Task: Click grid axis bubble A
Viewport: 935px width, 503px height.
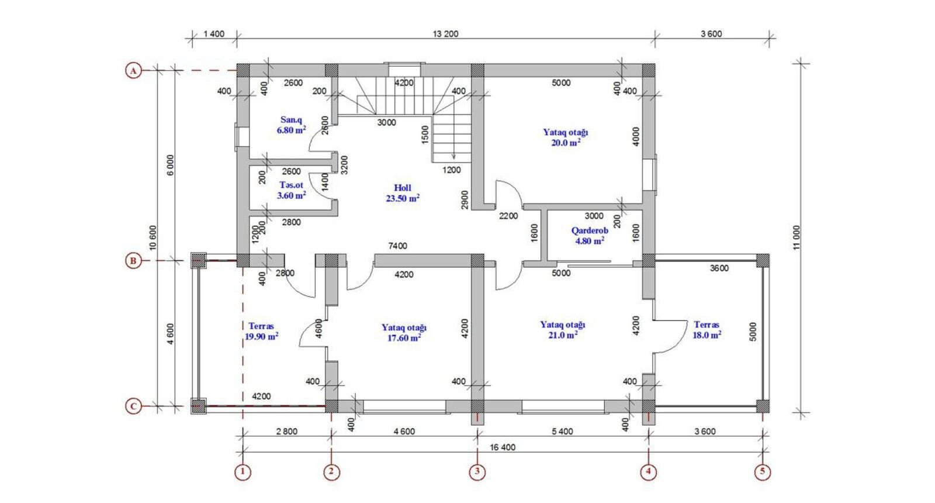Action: point(134,71)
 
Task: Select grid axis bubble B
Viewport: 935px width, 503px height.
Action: point(134,261)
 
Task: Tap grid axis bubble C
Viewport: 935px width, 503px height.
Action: point(134,406)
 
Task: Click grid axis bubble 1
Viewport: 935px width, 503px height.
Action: point(243,472)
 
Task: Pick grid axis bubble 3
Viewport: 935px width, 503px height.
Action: point(477,472)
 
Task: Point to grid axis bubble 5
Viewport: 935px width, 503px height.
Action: point(763,472)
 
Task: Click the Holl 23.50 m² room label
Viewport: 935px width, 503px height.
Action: point(403,193)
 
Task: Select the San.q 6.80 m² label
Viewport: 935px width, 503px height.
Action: point(292,125)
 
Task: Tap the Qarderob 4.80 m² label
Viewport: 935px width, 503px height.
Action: point(590,236)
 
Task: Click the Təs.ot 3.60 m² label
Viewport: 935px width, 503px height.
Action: point(292,190)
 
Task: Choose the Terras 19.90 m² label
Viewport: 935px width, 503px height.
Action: point(261,331)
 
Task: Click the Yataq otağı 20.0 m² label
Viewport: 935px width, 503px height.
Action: point(566,137)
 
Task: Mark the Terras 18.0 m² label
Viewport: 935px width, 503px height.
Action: point(707,330)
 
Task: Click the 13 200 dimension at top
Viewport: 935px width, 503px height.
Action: point(445,34)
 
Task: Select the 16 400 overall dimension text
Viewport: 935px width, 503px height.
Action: point(503,447)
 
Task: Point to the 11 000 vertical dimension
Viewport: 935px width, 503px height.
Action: point(797,237)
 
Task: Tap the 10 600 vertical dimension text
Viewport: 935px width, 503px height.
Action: point(153,237)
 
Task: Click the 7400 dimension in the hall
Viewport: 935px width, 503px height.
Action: point(397,246)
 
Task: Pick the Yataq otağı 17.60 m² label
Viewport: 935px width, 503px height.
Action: point(404,333)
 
